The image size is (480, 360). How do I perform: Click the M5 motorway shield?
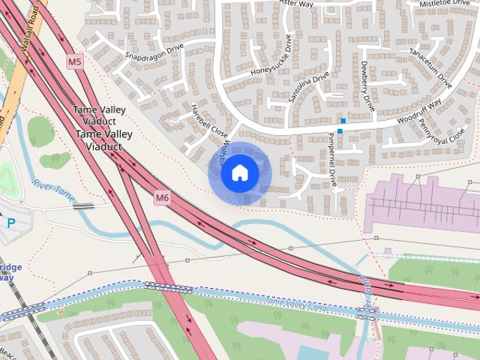[74, 61]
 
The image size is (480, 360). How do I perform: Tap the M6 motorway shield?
[162, 197]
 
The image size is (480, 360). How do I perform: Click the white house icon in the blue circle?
[239, 173]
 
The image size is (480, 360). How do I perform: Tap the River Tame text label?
[52, 188]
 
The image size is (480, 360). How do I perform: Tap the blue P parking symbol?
[11, 222]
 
